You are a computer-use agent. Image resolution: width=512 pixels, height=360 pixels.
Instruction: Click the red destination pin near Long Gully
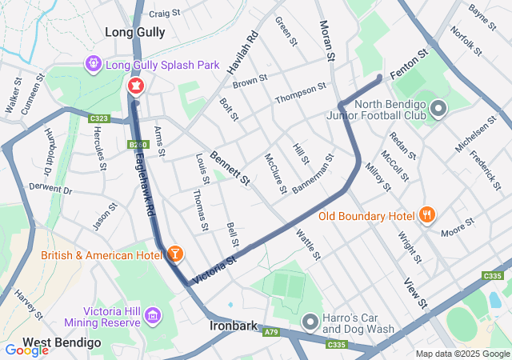135,86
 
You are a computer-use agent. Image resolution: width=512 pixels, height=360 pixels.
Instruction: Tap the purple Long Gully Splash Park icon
94,62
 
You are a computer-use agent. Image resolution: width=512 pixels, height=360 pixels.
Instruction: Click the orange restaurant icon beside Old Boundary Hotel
427,215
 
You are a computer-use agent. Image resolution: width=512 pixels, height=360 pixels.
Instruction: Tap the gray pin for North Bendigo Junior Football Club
438,108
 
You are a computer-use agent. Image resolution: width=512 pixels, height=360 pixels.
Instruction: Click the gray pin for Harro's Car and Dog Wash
310,322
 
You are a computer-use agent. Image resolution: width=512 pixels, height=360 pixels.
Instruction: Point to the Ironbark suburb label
232,326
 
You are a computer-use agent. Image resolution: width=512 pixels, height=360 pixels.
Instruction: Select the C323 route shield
99,119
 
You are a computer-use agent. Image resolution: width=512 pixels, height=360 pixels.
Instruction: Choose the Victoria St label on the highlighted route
216,262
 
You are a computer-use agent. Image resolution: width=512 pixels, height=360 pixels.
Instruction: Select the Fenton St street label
410,62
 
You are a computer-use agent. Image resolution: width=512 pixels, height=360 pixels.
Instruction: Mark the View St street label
416,293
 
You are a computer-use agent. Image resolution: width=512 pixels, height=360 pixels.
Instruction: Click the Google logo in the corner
26,350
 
